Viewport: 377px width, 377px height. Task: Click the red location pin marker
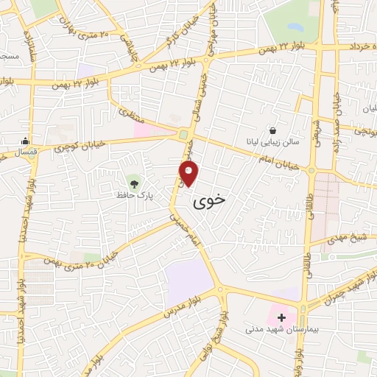click(x=189, y=174)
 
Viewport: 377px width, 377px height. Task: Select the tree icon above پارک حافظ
click(x=133, y=181)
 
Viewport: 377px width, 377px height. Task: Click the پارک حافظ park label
click(x=133, y=196)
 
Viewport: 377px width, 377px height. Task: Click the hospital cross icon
click(x=281, y=317)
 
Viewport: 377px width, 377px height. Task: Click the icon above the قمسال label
click(x=27, y=142)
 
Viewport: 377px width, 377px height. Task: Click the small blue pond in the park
click(x=297, y=27)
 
